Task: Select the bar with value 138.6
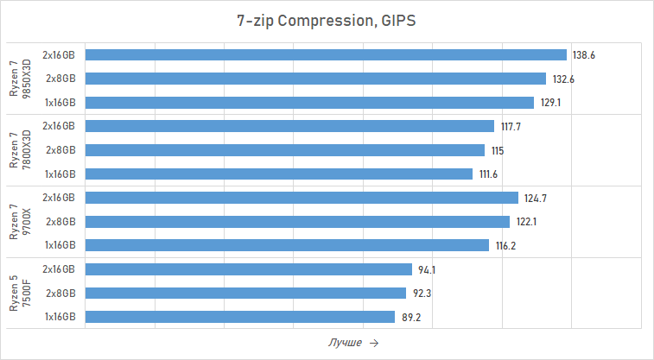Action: [326, 54]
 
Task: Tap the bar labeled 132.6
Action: [315, 79]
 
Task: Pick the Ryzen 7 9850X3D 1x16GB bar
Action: [309, 102]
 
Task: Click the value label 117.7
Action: [511, 127]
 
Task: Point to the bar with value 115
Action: [285, 150]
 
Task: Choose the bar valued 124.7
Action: [302, 198]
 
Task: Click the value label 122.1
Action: [527, 222]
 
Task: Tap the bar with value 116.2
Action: [287, 245]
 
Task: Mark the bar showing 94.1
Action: [249, 269]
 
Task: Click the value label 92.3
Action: [422, 294]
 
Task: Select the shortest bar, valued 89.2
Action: [240, 317]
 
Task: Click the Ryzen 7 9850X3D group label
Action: [20, 79]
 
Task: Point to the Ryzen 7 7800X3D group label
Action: [20, 150]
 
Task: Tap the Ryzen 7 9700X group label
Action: [20, 222]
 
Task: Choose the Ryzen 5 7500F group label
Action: [20, 294]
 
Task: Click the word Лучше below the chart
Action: [345, 343]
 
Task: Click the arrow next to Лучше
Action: [373, 343]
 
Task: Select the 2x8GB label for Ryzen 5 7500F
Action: [60, 294]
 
